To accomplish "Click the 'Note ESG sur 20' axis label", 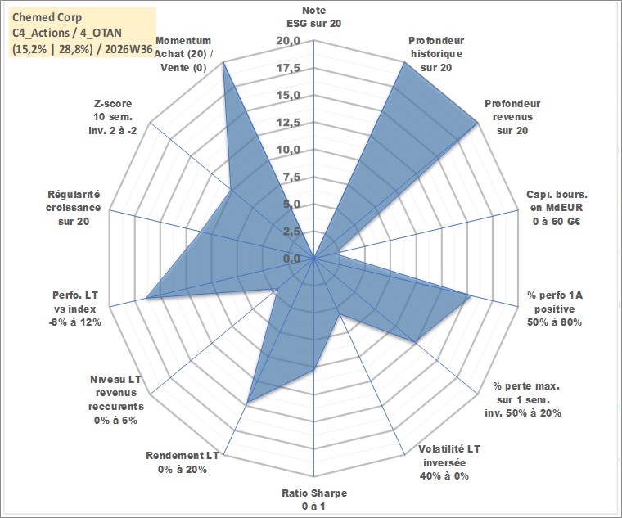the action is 313,16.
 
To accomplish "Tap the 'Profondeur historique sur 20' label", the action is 436,54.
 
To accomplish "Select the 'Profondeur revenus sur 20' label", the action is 512,117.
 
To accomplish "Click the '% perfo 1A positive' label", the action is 555,309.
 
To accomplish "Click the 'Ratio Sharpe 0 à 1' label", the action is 314,500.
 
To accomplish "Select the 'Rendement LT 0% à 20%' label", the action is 182,462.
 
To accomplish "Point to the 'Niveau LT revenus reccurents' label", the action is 116,399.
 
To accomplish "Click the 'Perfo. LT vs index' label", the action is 75,309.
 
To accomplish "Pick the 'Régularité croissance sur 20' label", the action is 74,208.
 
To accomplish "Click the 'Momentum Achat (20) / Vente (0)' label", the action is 183,54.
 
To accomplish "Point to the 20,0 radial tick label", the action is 288,41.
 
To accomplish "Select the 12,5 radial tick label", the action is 288,123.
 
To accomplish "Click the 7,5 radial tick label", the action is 291,177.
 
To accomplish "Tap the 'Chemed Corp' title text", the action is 47,17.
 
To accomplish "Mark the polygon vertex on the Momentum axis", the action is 223,62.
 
